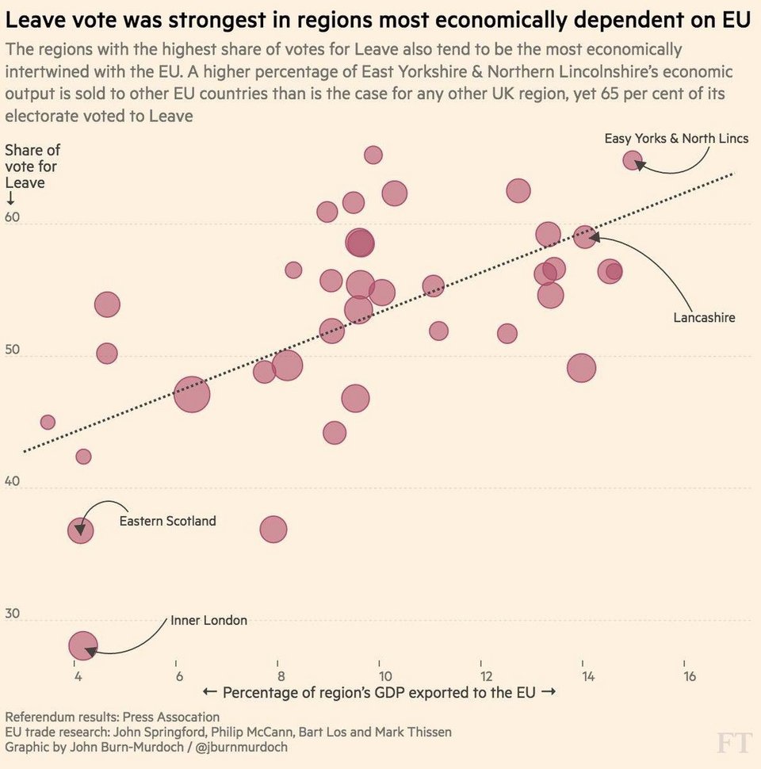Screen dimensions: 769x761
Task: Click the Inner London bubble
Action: point(83,646)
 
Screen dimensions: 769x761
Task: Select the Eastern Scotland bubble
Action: point(80,530)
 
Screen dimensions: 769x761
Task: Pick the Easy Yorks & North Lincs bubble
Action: point(632,160)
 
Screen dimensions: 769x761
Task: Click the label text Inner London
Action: point(209,620)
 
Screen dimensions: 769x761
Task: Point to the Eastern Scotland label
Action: point(167,521)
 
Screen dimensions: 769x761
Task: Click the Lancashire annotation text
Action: point(704,318)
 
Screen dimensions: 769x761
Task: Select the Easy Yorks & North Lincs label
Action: point(676,139)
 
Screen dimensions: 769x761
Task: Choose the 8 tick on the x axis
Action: point(281,675)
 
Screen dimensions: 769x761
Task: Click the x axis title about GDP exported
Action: point(380,692)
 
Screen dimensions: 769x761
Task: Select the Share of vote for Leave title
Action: point(33,166)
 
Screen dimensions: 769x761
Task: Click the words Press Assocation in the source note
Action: point(170,717)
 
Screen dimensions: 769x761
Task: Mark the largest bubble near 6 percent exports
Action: point(192,395)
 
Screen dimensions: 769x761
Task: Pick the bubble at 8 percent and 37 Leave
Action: point(273,530)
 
